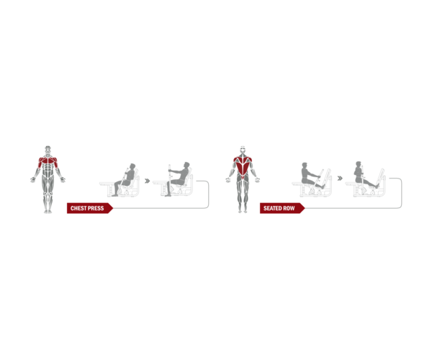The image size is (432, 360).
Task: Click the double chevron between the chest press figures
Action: tap(148, 181)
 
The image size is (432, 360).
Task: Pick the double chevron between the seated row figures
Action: tap(340, 179)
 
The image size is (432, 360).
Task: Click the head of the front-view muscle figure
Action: tap(48, 150)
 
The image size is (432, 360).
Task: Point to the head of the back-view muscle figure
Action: tap(243, 150)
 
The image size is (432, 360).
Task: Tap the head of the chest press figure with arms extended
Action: tap(186, 166)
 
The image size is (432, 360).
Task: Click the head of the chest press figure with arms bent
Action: tap(132, 167)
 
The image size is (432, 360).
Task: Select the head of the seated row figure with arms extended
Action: tap(305, 166)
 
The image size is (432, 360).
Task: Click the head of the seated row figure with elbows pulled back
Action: tap(358, 165)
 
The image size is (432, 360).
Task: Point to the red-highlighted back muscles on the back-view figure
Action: tap(243, 166)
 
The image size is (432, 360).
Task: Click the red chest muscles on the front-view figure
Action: tap(48, 161)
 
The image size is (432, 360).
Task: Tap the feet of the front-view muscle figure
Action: tap(48, 212)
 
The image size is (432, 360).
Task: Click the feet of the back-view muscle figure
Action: tap(243, 211)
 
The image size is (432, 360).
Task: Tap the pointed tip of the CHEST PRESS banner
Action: tap(113, 208)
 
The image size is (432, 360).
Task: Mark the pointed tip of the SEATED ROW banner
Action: tap(305, 208)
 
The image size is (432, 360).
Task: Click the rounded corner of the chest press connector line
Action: tap(208, 207)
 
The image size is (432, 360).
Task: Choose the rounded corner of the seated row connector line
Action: tap(401, 207)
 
